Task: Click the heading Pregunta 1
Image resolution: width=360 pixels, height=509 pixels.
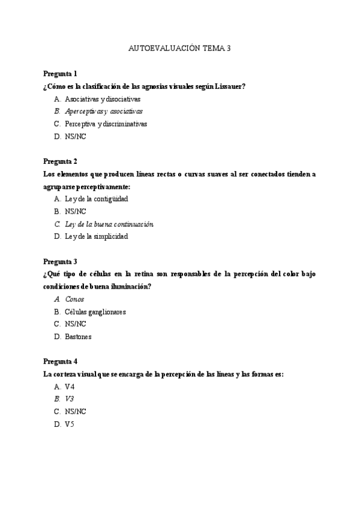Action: [x=60, y=74]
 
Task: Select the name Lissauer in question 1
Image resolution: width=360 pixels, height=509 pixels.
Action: [x=230, y=86]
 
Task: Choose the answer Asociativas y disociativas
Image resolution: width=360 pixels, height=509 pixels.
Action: [x=103, y=99]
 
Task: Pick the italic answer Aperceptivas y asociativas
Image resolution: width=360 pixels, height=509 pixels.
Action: [x=104, y=111]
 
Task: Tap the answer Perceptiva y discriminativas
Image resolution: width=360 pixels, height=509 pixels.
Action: [x=106, y=124]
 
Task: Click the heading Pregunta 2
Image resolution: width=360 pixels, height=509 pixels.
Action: [x=60, y=161]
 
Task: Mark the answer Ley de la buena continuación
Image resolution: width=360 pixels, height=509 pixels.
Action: [x=109, y=224]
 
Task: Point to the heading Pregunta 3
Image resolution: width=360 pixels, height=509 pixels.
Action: [x=60, y=261]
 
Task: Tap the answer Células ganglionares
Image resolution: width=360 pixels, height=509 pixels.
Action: [x=95, y=312]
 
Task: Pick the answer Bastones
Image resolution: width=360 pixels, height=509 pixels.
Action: [x=78, y=337]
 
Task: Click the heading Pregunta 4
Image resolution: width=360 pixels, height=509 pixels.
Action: [x=60, y=361]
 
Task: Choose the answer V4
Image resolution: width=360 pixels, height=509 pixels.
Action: [x=70, y=387]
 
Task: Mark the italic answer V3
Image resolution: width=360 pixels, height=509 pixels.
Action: [x=70, y=399]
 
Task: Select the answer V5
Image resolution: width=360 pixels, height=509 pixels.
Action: [x=70, y=424]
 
